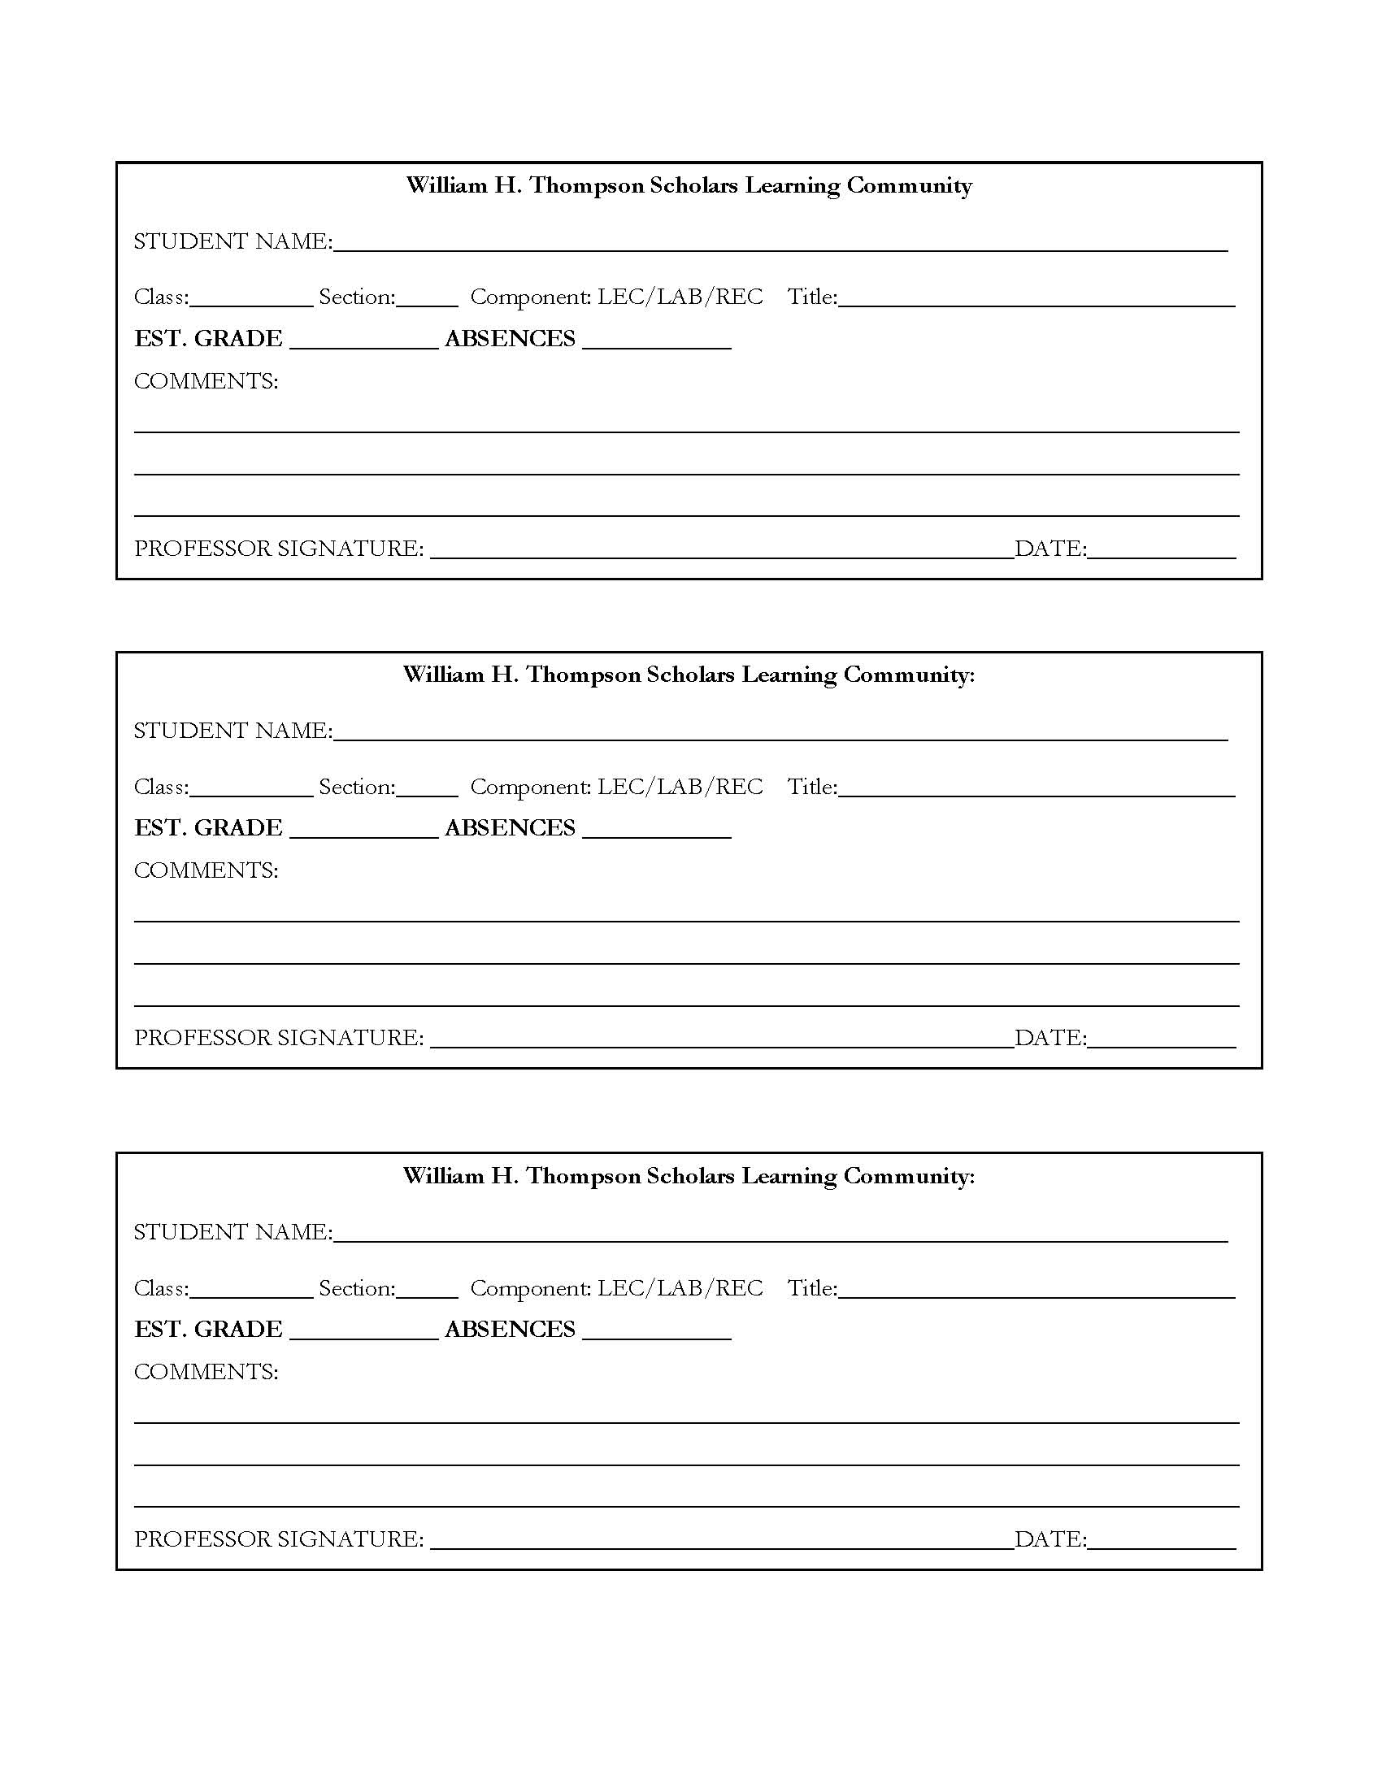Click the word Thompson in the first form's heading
point(586,186)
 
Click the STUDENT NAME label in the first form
point(233,241)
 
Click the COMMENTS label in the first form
point(206,381)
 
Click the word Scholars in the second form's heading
point(691,675)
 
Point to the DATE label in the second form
point(1050,1038)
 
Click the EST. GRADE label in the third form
point(208,1329)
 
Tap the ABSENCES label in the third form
point(509,1329)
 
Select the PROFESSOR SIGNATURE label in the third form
point(278,1539)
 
